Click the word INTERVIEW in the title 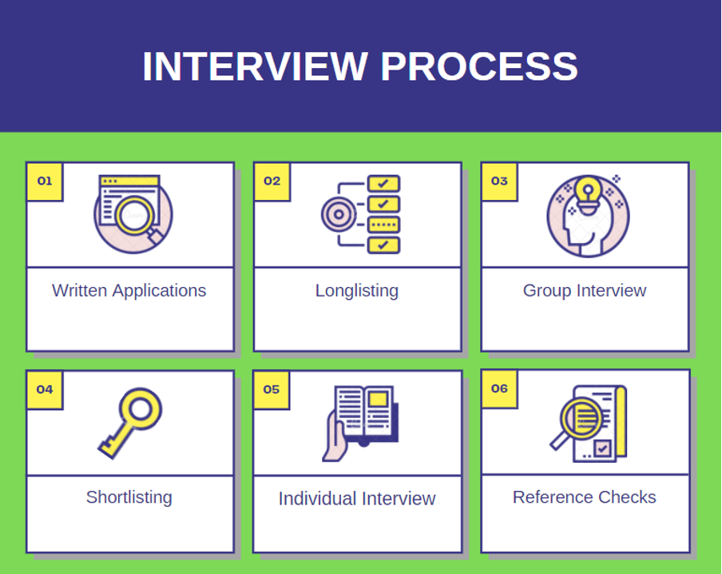point(256,66)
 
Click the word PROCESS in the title point(479,66)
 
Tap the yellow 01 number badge point(45,181)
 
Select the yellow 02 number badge point(272,181)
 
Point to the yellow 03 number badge point(500,181)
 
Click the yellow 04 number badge point(45,389)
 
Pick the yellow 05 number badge point(272,389)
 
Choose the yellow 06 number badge point(500,389)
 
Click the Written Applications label point(129,291)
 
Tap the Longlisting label point(357,291)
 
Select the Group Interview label point(585,291)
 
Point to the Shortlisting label point(129,497)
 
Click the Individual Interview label point(357,499)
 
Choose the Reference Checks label point(585,497)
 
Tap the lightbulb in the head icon point(588,194)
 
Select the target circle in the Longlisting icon point(339,214)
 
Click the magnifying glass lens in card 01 point(134,215)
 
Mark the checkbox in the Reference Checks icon point(602,448)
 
